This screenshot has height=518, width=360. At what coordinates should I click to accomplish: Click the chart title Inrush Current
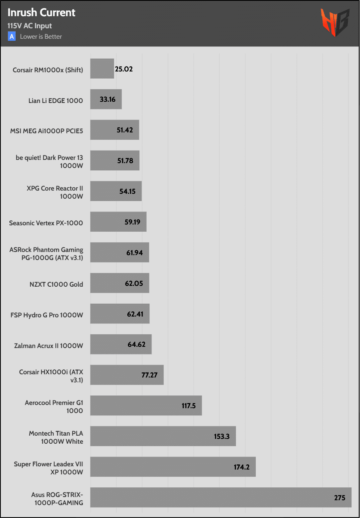tap(41, 13)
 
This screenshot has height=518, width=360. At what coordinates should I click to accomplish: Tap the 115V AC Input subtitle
tap(29, 26)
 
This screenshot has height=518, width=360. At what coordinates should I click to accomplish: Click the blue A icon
tap(12, 36)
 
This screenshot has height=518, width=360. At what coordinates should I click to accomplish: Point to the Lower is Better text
tap(41, 37)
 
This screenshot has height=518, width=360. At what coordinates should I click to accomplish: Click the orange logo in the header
tap(335, 23)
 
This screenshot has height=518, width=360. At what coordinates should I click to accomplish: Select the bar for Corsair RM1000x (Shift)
tap(102, 69)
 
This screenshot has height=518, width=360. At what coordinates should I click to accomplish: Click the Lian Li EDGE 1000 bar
tap(106, 99)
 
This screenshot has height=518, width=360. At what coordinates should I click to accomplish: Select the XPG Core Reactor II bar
tap(116, 191)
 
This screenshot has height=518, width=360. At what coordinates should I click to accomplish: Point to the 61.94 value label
tap(135, 253)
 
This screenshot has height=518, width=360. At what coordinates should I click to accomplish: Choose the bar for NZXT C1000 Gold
tap(120, 283)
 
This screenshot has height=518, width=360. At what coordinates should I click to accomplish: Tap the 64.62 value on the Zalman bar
tap(137, 345)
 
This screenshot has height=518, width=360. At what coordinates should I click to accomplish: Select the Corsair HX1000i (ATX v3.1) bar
tap(126, 375)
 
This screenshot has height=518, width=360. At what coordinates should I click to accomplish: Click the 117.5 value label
tap(189, 406)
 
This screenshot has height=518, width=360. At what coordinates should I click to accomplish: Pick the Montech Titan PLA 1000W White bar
tap(162, 436)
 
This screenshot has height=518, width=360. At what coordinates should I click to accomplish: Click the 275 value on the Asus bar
tap(340, 498)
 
